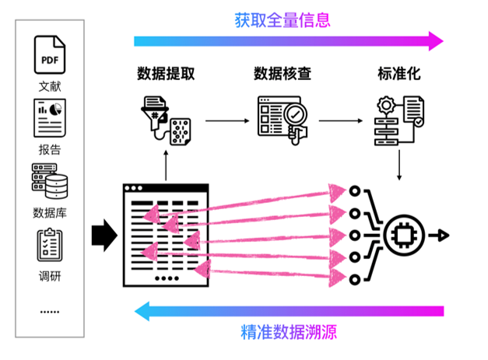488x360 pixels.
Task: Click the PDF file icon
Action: (x=49, y=54)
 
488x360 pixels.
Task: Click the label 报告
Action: (x=49, y=149)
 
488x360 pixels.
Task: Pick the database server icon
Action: (x=49, y=181)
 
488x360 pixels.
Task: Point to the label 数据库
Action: (x=49, y=212)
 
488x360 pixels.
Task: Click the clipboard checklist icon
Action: (x=49, y=245)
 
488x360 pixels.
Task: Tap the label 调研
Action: (x=49, y=275)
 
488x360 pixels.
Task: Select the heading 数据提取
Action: (x=166, y=75)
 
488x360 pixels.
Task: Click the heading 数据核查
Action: (x=283, y=75)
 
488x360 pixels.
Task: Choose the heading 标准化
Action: (x=399, y=75)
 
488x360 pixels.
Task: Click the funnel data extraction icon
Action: (x=165, y=121)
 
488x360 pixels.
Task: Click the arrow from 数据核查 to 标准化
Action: (x=341, y=121)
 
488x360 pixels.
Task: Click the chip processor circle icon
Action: (x=405, y=234)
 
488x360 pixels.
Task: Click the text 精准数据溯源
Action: (x=288, y=333)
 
